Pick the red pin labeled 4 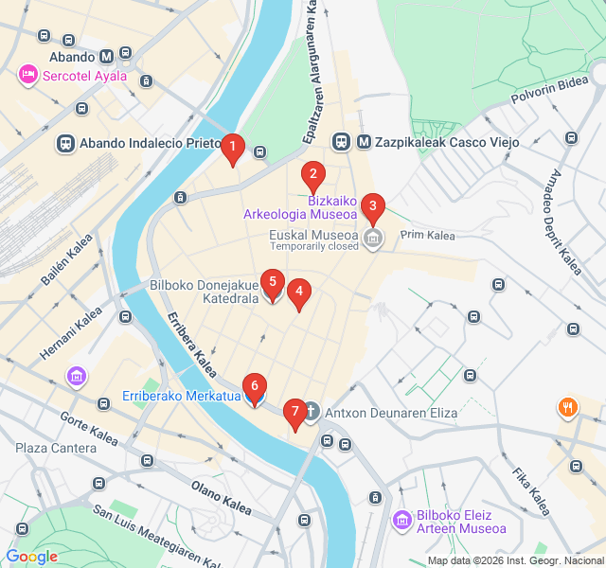(299, 293)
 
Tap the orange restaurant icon (568, 407)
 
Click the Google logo (31, 557)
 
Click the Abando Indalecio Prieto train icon (65, 143)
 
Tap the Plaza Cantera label (54, 448)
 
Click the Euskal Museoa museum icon (373, 237)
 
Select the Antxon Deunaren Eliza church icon (312, 413)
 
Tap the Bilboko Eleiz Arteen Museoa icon (401, 521)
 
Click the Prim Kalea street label (427, 235)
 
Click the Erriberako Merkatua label (181, 396)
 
